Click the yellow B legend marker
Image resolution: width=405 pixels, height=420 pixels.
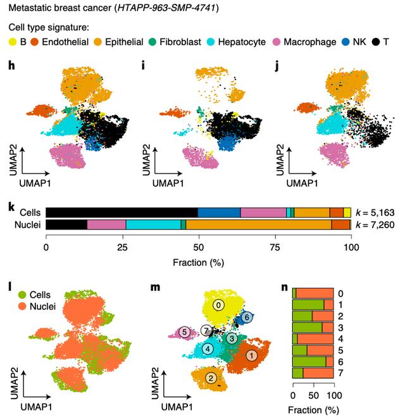12,42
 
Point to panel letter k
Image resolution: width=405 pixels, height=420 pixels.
11,206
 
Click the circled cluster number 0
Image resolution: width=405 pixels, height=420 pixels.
219,305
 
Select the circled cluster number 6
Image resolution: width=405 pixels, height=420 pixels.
247,317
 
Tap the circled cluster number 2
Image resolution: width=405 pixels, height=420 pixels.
211,378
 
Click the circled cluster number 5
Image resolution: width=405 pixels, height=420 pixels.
185,331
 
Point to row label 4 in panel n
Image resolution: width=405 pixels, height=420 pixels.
341,338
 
